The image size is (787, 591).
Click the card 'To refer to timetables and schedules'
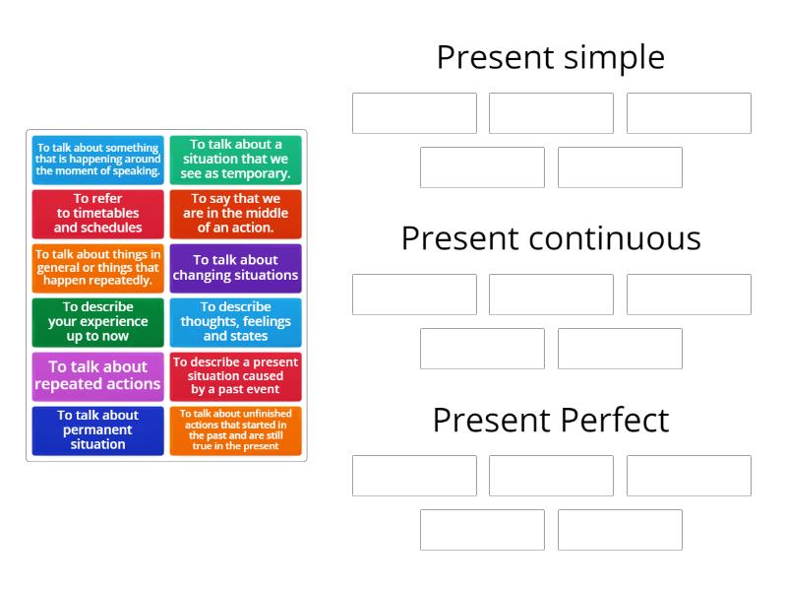pyautogui.click(x=97, y=214)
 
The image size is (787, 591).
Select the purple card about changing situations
pyautogui.click(x=235, y=268)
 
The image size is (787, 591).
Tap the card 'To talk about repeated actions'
pyautogui.click(x=97, y=375)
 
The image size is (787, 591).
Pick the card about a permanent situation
pyautogui.click(x=97, y=429)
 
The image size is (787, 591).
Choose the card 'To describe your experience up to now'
pyautogui.click(x=97, y=321)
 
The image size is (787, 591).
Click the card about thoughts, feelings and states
pyautogui.click(x=235, y=321)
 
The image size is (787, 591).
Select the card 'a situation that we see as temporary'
pyautogui.click(x=235, y=160)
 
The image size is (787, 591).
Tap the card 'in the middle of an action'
pyautogui.click(x=235, y=214)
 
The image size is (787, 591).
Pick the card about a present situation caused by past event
pyautogui.click(x=235, y=375)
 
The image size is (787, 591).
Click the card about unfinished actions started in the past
pyautogui.click(x=235, y=429)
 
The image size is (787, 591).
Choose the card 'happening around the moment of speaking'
pyautogui.click(x=97, y=160)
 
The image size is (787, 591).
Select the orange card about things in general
pyautogui.click(x=97, y=268)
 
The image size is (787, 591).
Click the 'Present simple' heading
pyautogui.click(x=551, y=57)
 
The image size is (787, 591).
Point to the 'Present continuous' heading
pyautogui.click(x=551, y=238)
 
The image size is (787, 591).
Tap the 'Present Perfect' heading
pyautogui.click(x=551, y=421)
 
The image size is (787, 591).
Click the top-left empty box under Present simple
pyautogui.click(x=414, y=113)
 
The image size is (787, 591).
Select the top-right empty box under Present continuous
pyautogui.click(x=689, y=295)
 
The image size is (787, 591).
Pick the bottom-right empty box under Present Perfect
pyautogui.click(x=620, y=530)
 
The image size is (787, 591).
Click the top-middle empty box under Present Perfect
pyautogui.click(x=551, y=476)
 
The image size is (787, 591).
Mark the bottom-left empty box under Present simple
pyautogui.click(x=482, y=167)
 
